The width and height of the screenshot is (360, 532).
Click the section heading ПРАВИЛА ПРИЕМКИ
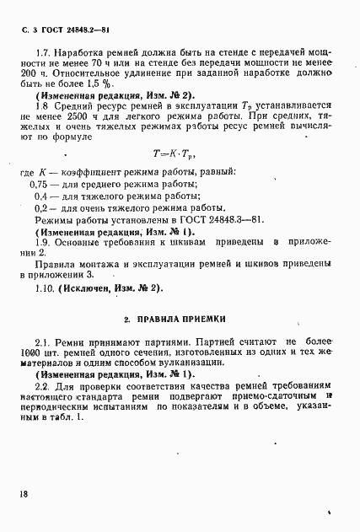tap(180, 319)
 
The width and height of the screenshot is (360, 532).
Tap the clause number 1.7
tap(40, 63)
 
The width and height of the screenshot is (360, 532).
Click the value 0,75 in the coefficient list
tap(40, 183)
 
